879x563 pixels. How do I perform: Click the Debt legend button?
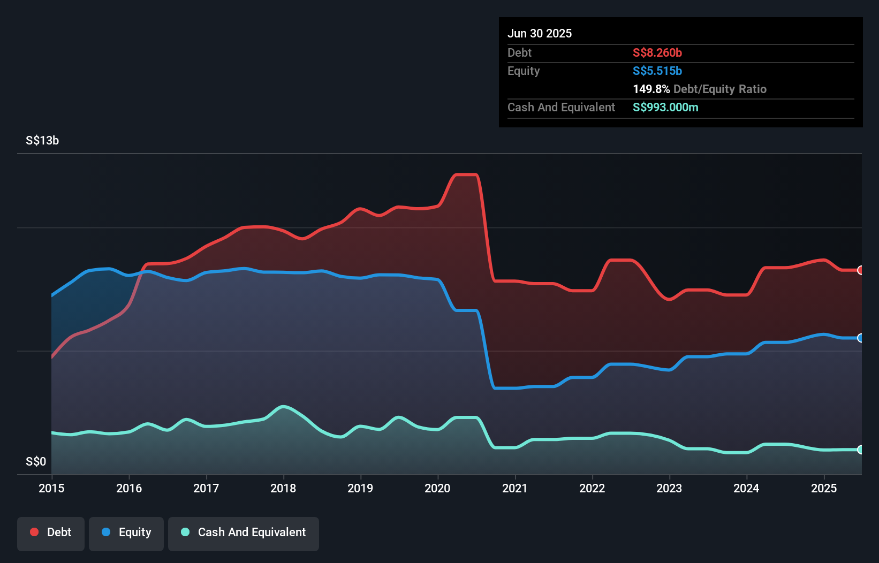click(51, 532)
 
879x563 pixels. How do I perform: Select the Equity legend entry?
click(126, 532)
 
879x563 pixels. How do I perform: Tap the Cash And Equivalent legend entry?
click(244, 532)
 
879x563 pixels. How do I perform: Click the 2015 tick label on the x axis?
click(51, 488)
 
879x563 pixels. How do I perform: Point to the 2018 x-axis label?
click(283, 488)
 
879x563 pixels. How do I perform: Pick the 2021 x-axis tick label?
click(514, 488)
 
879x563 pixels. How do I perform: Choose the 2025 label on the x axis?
click(823, 488)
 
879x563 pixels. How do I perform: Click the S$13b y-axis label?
click(42, 141)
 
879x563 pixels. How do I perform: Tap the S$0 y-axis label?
click(36, 461)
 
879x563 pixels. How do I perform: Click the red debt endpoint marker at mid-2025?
click(860, 270)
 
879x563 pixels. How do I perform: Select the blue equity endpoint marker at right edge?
click(860, 338)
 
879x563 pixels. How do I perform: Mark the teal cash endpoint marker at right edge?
click(860, 450)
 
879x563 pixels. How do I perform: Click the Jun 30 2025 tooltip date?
click(539, 33)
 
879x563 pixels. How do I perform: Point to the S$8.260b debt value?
click(657, 52)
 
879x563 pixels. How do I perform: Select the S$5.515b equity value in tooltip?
click(657, 71)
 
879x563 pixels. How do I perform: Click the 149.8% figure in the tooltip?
click(651, 89)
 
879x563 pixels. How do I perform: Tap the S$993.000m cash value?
click(665, 107)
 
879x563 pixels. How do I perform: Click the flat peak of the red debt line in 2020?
click(466, 174)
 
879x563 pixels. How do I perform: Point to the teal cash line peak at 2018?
click(283, 406)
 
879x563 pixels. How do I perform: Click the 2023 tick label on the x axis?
click(669, 488)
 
